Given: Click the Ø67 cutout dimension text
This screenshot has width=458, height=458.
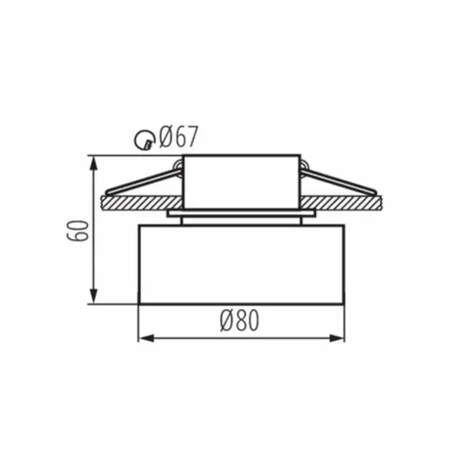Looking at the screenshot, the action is click(x=179, y=137).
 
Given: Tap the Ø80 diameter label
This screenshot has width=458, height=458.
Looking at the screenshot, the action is click(x=240, y=321).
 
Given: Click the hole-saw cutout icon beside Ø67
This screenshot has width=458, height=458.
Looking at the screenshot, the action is click(x=144, y=140).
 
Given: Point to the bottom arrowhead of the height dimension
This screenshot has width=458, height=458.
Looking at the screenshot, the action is click(x=93, y=296).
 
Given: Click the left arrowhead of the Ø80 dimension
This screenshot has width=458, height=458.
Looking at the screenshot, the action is click(x=146, y=338).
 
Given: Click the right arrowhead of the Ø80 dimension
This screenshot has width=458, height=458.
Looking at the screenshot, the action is click(x=337, y=338).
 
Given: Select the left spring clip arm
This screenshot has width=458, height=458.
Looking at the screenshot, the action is click(x=144, y=182).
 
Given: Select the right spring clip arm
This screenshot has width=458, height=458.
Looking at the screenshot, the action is click(x=338, y=181).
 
